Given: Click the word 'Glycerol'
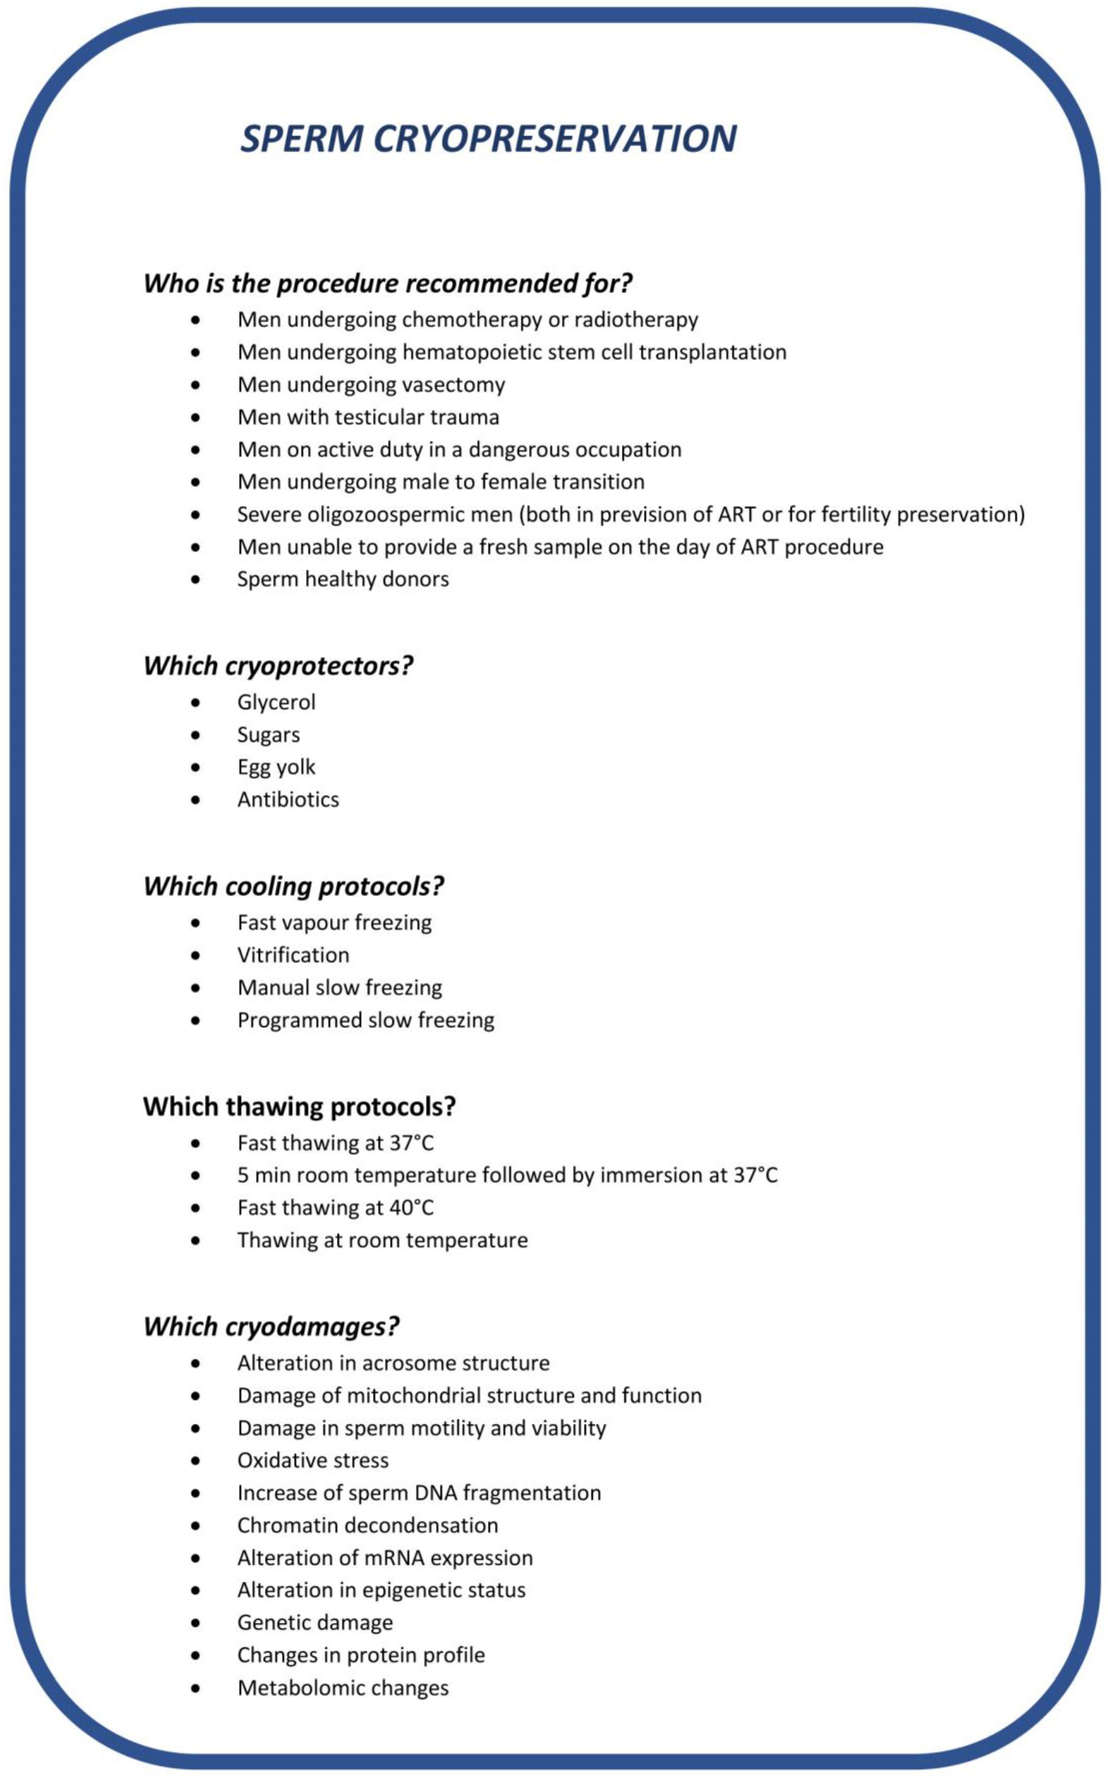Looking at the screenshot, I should [276, 702].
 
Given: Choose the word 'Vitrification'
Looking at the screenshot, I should [293, 955].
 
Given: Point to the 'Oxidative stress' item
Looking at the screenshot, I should [313, 1460].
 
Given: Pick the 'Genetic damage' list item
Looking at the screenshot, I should [315, 1622].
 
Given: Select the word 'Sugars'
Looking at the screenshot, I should [268, 734].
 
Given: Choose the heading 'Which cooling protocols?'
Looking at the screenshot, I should [293, 886].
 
